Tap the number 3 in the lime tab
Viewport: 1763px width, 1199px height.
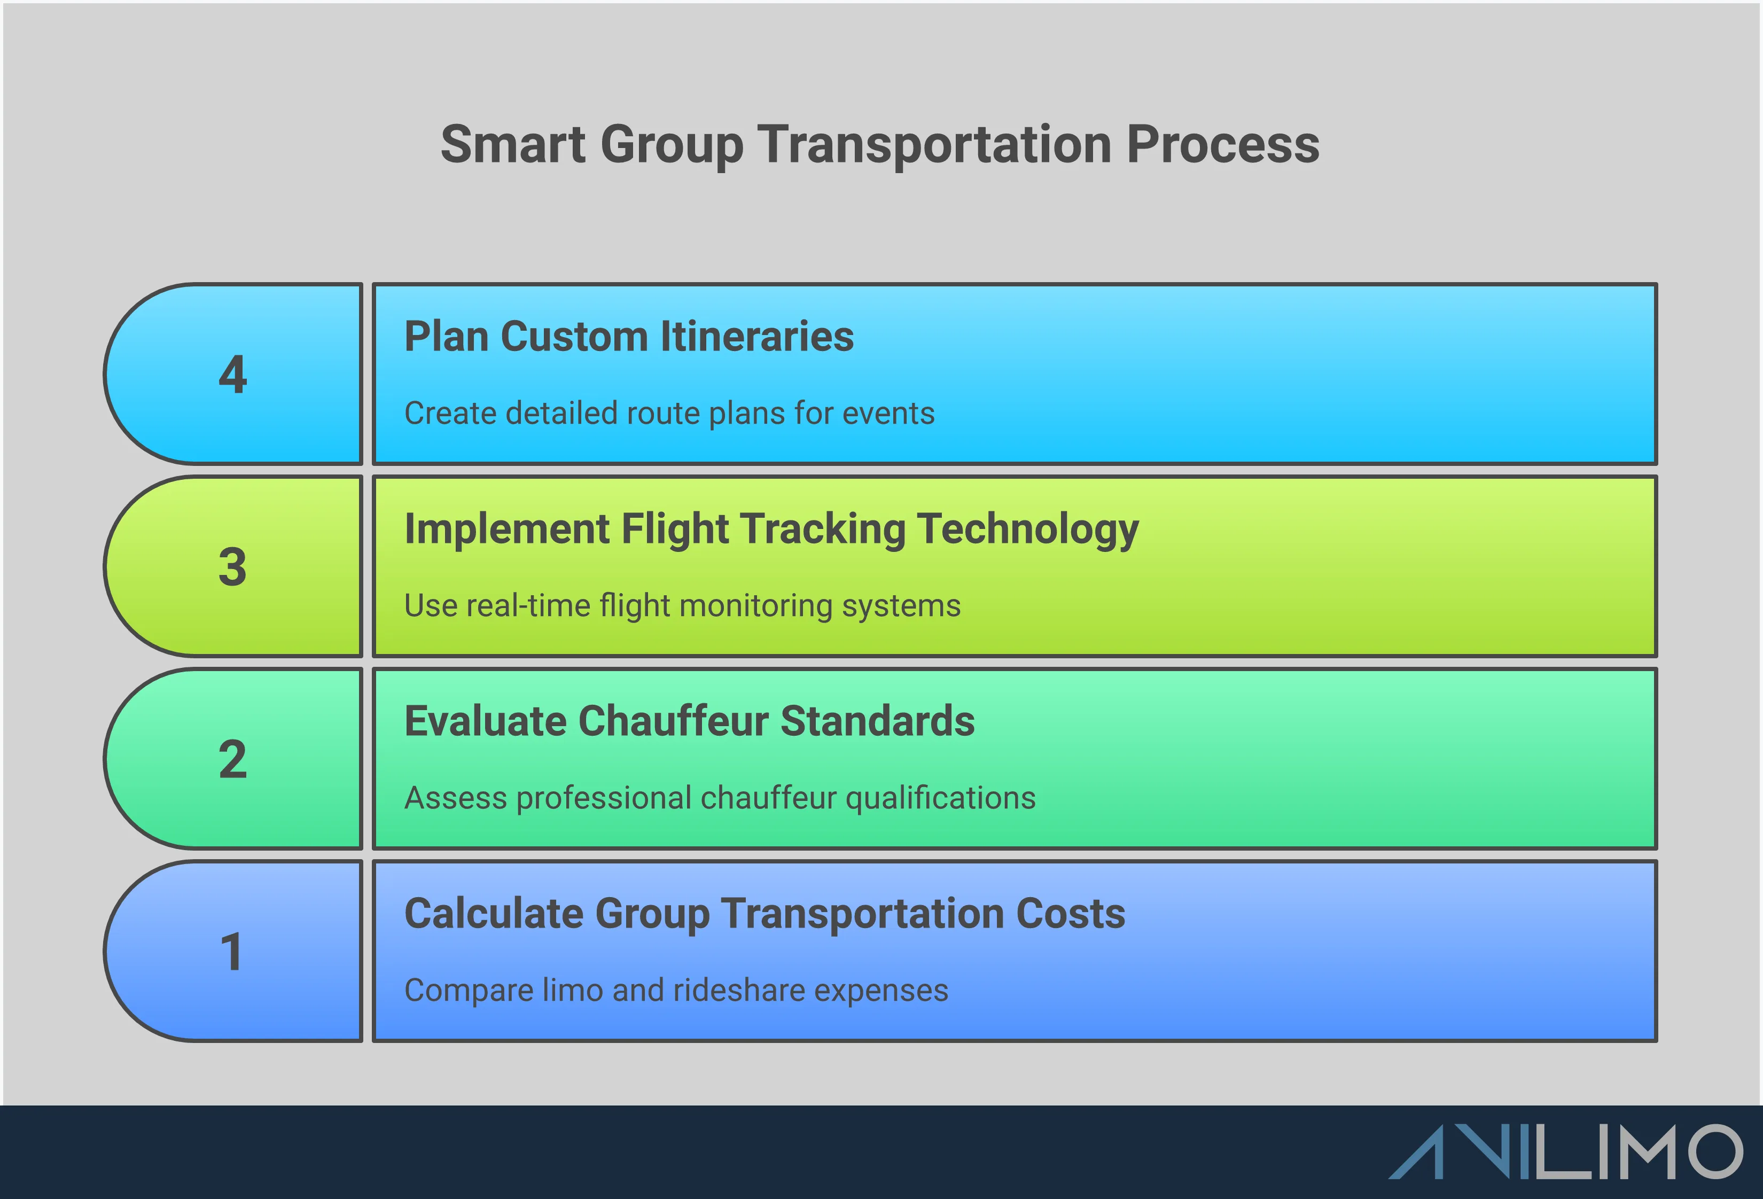point(233,567)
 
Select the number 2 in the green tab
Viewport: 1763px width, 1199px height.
point(233,760)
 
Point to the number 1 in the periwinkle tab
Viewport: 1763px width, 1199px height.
point(231,952)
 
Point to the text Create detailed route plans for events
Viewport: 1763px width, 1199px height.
point(668,414)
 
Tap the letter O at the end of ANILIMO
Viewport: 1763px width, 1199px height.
point(1714,1152)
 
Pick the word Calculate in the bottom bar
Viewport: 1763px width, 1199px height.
point(494,914)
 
